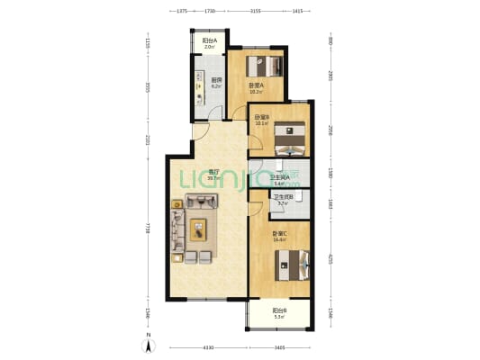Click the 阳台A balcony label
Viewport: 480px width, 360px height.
pyautogui.click(x=209, y=41)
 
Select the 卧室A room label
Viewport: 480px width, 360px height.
pyautogui.click(x=256, y=87)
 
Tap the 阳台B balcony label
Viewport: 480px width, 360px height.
pyautogui.click(x=279, y=312)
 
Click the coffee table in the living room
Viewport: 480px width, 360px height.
pyautogui.click(x=197, y=229)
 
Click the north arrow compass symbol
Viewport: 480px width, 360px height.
pyautogui.click(x=149, y=345)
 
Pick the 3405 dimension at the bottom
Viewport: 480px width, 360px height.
pyautogui.click(x=279, y=346)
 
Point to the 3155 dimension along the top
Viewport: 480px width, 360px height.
pyautogui.click(x=255, y=12)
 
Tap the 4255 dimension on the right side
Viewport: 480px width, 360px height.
pyautogui.click(x=331, y=258)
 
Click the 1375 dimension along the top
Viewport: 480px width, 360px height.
pyautogui.click(x=180, y=12)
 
